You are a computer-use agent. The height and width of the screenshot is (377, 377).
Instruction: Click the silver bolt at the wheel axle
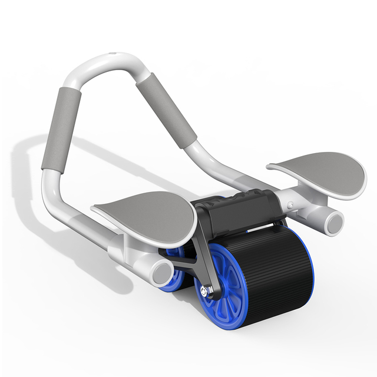[x=204, y=290]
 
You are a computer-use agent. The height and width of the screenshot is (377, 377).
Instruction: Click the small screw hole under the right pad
[x=290, y=205]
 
